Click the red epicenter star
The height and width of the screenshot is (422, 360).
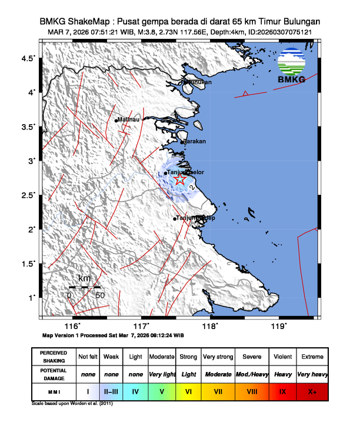coord(181,181)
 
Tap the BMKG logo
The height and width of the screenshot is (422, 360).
coord(292,67)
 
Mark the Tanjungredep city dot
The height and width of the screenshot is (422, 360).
coord(175,219)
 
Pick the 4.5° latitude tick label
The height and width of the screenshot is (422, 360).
coord(28,58)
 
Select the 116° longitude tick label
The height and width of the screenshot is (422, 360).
coord(72,326)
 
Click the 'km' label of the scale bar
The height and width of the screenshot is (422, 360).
coord(84,278)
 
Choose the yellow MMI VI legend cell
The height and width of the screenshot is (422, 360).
coord(188,390)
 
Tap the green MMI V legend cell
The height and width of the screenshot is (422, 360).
coord(162,390)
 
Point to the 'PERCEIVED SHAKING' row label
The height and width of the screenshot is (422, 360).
coord(54,357)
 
